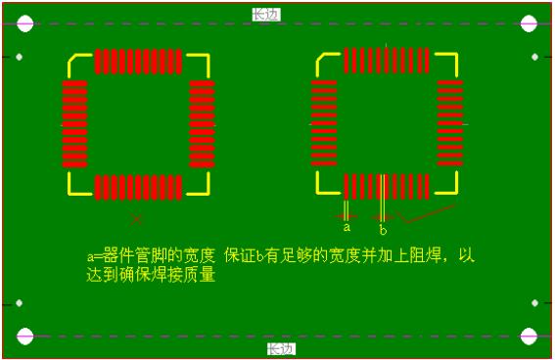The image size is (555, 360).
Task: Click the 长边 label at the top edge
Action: (265, 14)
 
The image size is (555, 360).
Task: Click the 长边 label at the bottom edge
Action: (281, 349)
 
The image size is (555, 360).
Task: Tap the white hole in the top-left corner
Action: (25, 23)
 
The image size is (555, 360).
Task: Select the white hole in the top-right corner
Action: (529, 23)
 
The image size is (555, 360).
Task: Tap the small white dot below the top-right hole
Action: (534, 57)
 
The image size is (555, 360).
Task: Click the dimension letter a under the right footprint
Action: (347, 226)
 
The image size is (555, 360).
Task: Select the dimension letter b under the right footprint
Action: (383, 231)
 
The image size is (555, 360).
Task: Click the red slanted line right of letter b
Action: (431, 210)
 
